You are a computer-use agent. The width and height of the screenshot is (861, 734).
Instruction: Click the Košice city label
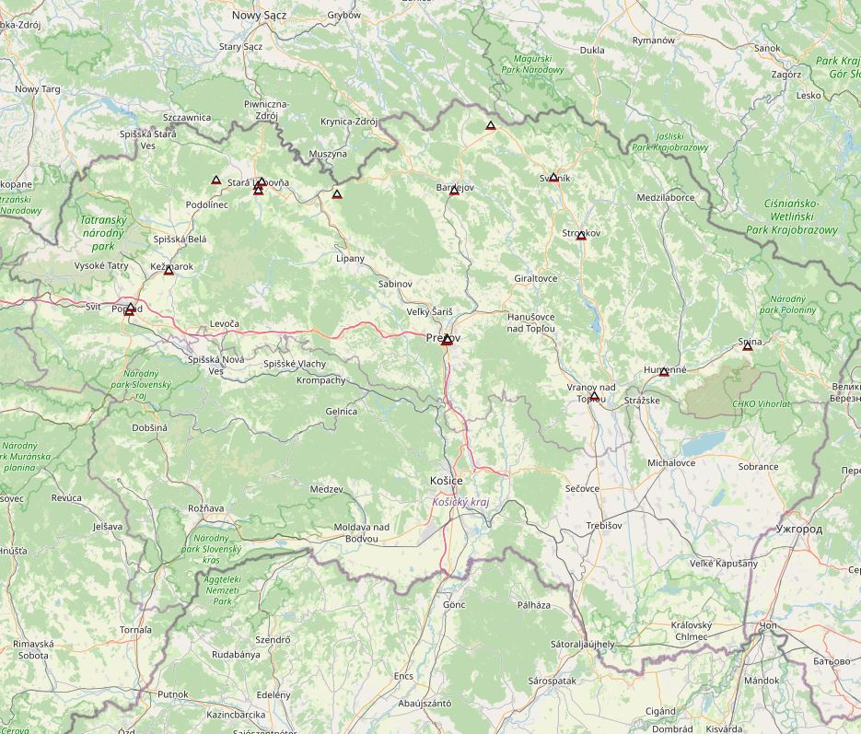[447, 481]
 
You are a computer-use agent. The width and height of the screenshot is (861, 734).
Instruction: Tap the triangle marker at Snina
[748, 346]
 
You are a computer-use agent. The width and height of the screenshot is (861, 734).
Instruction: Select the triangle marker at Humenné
[664, 372]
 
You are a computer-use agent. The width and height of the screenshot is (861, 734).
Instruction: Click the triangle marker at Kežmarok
[169, 270]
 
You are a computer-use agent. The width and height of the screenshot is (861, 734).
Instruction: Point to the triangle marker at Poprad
[131, 309]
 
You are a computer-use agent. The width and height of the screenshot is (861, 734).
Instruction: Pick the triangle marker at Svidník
[553, 177]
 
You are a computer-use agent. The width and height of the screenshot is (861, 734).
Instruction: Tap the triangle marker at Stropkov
[581, 236]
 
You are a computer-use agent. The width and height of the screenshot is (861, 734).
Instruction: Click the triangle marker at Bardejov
[454, 190]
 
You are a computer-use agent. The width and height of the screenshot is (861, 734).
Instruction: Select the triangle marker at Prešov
[447, 340]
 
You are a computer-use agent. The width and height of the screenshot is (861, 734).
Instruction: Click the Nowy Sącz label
[261, 15]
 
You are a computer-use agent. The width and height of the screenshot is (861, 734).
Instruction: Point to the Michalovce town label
[671, 463]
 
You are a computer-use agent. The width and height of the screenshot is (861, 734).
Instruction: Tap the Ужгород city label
[798, 530]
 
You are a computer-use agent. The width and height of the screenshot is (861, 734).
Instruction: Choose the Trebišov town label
[604, 525]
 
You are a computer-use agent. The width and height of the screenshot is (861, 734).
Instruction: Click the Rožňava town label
[205, 508]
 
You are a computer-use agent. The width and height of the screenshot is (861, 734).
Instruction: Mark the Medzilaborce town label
[666, 197]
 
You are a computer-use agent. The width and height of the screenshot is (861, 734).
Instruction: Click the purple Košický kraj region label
[460, 502]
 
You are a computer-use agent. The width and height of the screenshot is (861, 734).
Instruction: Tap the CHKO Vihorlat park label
[761, 403]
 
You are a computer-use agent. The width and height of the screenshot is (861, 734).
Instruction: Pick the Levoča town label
[224, 324]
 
